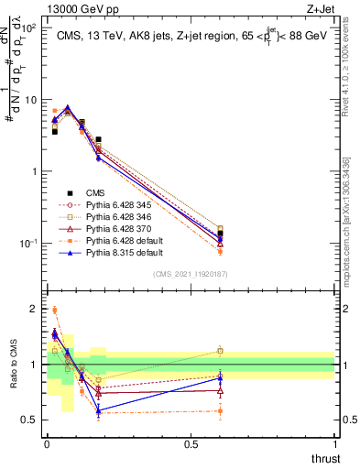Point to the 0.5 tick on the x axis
click(191, 444)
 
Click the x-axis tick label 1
click(335, 444)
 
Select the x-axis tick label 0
click(47, 444)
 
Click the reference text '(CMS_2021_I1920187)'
click(191, 274)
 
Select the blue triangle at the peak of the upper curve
click(68, 108)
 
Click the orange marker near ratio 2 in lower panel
click(55, 310)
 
